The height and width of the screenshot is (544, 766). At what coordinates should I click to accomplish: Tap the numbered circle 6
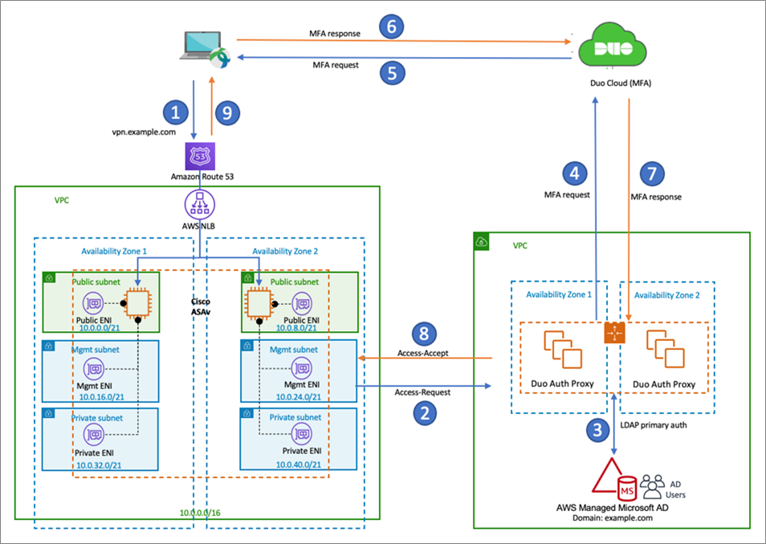point(391,27)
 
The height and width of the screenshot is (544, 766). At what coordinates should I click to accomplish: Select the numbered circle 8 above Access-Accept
point(426,335)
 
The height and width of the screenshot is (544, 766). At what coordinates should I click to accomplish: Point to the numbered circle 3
point(596,429)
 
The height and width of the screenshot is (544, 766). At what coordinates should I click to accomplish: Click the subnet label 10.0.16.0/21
point(99,395)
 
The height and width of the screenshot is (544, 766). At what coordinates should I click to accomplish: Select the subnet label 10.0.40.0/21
point(298,464)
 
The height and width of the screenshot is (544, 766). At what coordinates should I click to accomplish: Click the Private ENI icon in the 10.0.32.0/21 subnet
point(98,433)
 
